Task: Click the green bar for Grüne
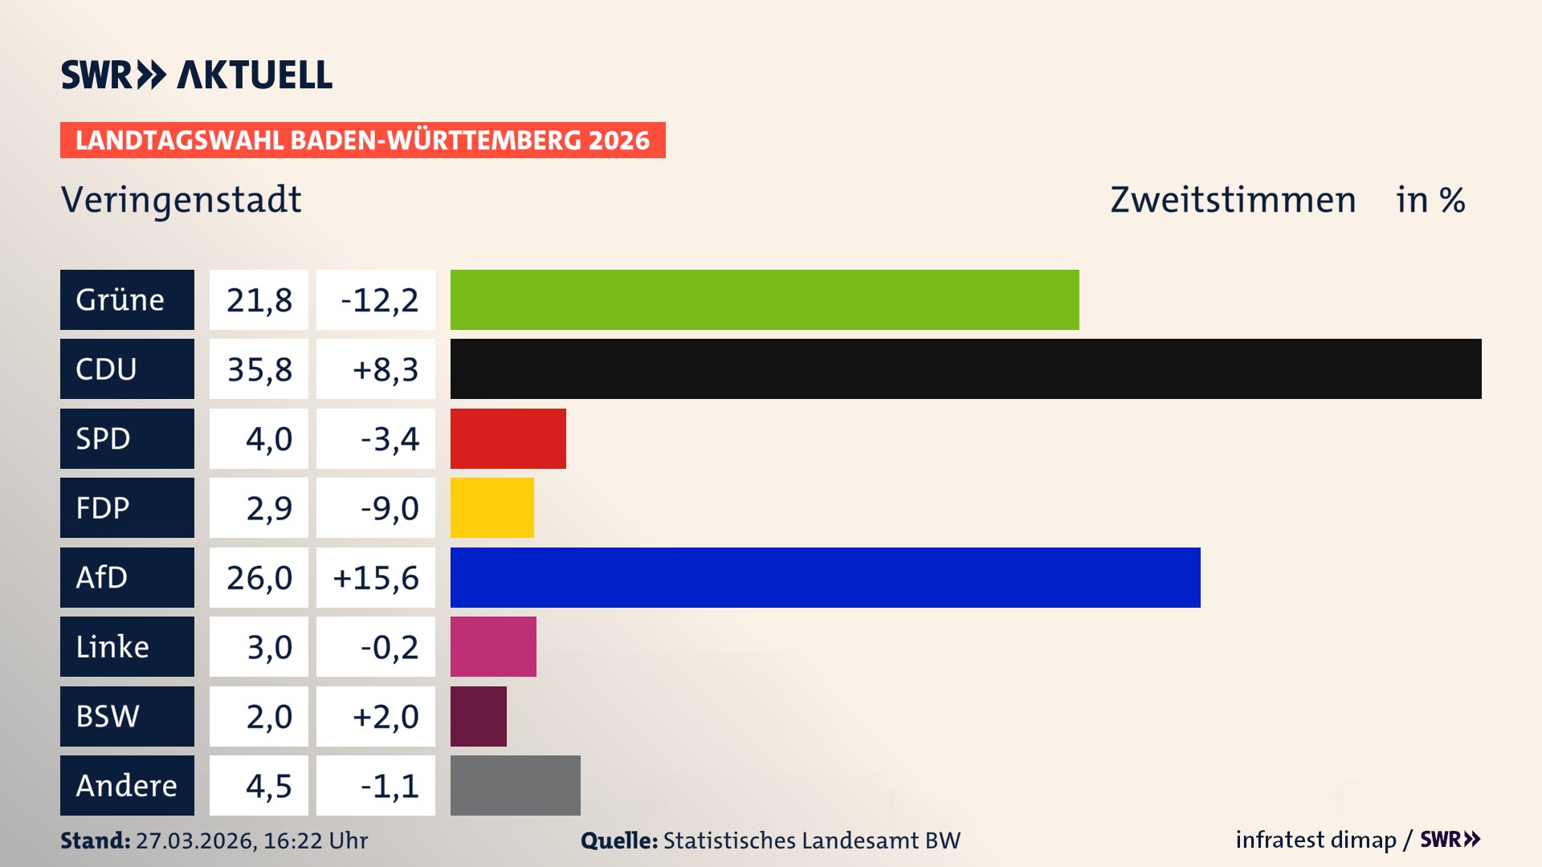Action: tap(765, 299)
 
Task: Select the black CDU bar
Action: tap(965, 369)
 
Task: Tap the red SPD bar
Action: tap(508, 438)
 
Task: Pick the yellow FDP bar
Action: tap(492, 507)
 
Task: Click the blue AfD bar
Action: tap(825, 577)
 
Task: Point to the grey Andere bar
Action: tap(515, 785)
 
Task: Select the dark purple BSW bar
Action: tap(478, 716)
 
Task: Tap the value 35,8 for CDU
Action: tap(259, 369)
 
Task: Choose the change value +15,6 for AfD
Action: tap(376, 577)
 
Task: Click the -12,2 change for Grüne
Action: tap(379, 299)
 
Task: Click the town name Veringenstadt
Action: tap(182, 199)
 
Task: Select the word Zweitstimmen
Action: tap(1233, 199)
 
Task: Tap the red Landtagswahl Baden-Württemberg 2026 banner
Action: tap(362, 140)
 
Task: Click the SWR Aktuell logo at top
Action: tap(196, 75)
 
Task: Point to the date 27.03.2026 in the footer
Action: tap(195, 841)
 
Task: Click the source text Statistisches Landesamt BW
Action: tap(811, 841)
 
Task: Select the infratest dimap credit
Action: tap(1316, 840)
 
